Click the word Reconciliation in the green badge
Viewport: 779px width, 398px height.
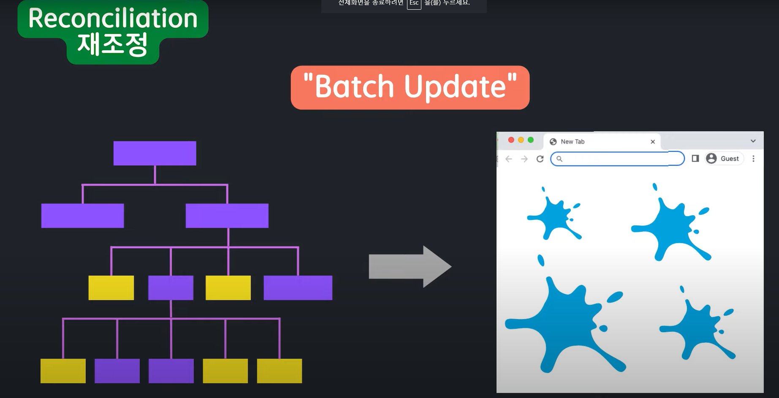pos(113,19)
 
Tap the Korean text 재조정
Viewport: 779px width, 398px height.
pos(112,45)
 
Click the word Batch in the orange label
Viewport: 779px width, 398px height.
pos(354,87)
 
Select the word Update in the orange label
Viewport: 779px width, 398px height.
pos(455,87)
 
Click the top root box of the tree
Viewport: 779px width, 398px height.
pos(155,153)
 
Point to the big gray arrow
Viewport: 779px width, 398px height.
pos(410,267)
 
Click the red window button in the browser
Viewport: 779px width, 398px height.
pos(511,140)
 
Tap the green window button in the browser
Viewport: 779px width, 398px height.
pos(531,140)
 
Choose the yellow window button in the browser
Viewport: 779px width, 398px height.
pos(521,140)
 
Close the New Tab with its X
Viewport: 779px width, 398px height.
pos(653,142)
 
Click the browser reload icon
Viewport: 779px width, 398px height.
pos(540,159)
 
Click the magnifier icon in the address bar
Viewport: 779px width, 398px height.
pos(559,159)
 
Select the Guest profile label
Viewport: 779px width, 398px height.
pos(729,159)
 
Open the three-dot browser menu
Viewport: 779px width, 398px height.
pos(753,159)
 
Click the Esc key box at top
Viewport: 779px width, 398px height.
pos(414,3)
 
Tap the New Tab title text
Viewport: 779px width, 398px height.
pos(573,142)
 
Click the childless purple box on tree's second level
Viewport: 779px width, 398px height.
pos(82,216)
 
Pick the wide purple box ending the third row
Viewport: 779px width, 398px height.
pos(298,288)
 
